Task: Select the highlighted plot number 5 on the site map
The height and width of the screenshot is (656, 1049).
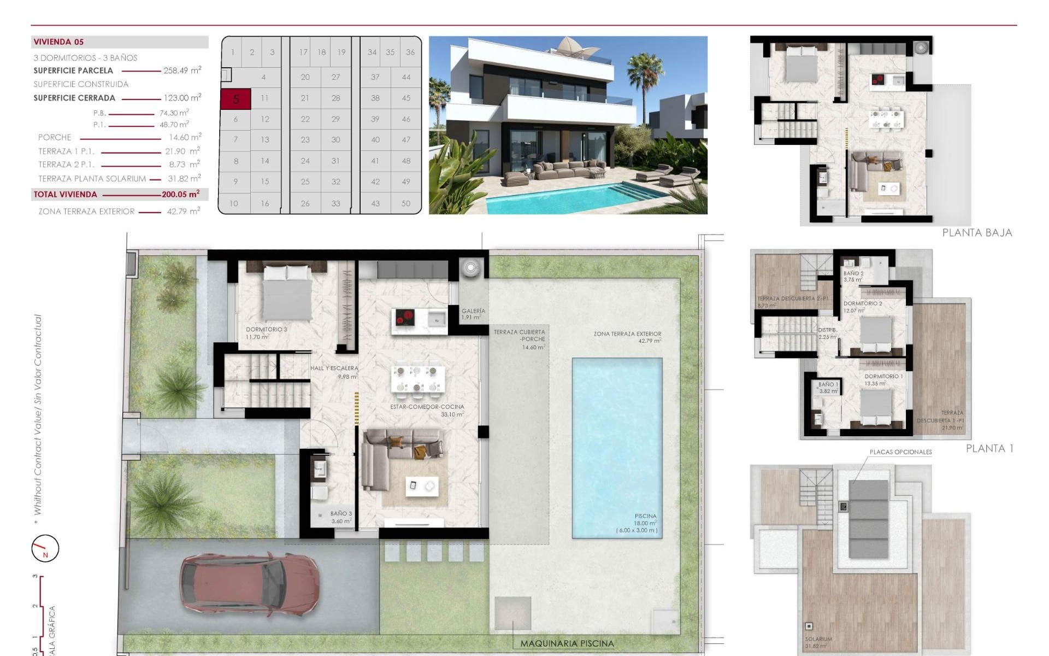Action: (x=236, y=99)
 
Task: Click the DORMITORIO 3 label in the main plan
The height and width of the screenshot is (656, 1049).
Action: (x=266, y=330)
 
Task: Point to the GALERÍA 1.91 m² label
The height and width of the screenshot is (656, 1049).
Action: (x=473, y=314)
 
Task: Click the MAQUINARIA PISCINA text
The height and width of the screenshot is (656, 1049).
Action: (x=567, y=643)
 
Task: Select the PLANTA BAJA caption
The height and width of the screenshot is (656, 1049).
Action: (x=977, y=233)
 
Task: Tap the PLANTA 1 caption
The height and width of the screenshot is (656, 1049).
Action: (x=989, y=448)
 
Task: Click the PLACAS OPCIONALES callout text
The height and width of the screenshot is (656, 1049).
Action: (x=900, y=452)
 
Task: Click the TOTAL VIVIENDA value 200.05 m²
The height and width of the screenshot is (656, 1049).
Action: (x=181, y=194)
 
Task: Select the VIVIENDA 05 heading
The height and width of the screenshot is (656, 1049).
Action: (x=58, y=42)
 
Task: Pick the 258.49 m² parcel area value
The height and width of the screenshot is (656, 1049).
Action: (x=182, y=71)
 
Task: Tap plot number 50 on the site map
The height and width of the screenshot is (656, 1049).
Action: (x=405, y=203)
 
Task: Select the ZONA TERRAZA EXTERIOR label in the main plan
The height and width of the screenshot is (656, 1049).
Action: (x=627, y=333)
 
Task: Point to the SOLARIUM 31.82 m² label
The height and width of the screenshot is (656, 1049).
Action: (x=818, y=642)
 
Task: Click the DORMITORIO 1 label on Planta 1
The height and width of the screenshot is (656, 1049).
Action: (x=883, y=377)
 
